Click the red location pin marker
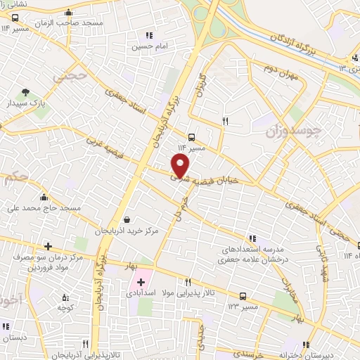181,166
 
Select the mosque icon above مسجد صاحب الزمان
67,12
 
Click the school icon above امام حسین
148,35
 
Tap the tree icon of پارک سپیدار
26,91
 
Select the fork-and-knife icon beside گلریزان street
226,121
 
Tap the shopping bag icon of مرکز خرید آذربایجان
126,219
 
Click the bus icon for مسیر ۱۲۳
243,296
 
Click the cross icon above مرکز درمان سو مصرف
48,246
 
